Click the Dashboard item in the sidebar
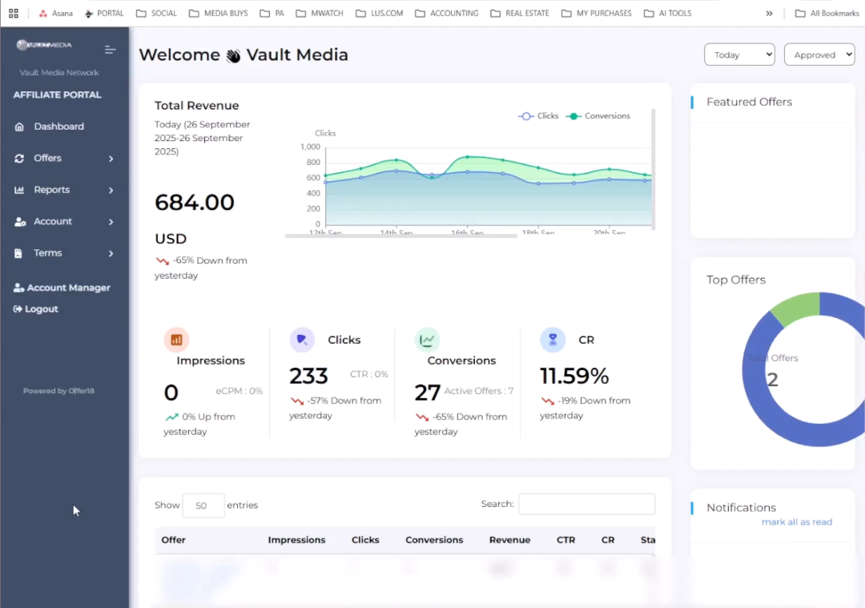(x=58, y=127)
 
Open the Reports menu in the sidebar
(x=51, y=190)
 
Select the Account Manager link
(x=68, y=288)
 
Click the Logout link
(x=41, y=309)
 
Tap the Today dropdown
(x=738, y=54)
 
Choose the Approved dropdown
(x=819, y=54)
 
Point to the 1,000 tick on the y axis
(x=310, y=147)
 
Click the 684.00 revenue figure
(x=195, y=202)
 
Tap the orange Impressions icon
(x=176, y=340)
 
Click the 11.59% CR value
(x=574, y=376)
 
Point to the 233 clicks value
(x=308, y=376)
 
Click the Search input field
(x=586, y=504)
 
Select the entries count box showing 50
(x=203, y=505)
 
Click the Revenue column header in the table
(x=509, y=540)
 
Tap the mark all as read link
(x=796, y=522)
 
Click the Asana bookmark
(x=57, y=14)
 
